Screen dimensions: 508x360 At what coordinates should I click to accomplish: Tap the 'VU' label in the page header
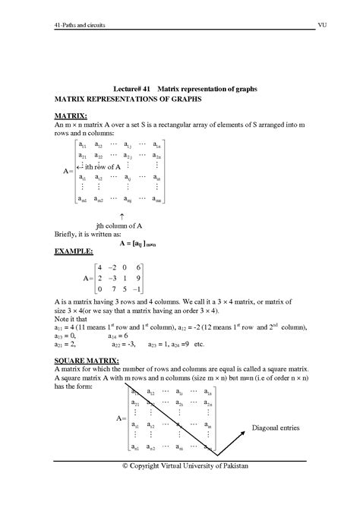click(x=322, y=25)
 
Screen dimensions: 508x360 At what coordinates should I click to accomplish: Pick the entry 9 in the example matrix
click(x=137, y=278)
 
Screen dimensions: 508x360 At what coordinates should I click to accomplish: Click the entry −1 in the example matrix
click(x=136, y=290)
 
